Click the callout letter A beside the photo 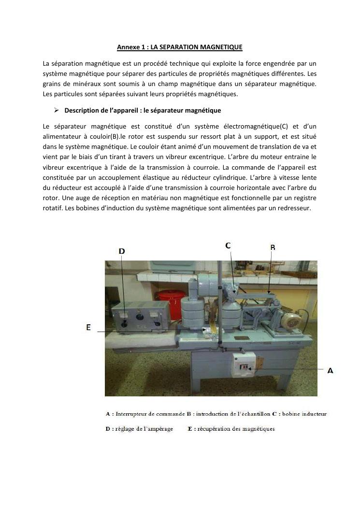coord(330,371)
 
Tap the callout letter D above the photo coord(122,251)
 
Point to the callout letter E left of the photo coord(88,327)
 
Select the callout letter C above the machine coord(228,246)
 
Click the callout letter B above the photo coord(273,247)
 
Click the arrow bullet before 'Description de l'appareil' coord(56,110)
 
